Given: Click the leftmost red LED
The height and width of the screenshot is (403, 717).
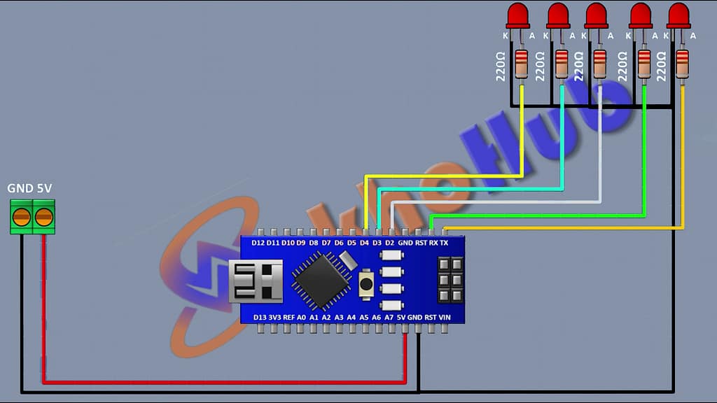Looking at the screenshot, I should (x=518, y=14).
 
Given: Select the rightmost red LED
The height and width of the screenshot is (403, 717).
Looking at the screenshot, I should (x=678, y=14).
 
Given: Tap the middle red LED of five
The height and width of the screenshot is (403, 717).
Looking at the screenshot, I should (x=596, y=14).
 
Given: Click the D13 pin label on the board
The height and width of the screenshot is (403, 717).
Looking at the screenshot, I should (x=259, y=317).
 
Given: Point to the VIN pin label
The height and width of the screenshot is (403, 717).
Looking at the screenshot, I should (x=444, y=317).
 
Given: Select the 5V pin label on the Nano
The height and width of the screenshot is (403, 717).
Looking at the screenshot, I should (x=402, y=317).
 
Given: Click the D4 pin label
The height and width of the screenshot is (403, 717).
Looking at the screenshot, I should (x=364, y=243).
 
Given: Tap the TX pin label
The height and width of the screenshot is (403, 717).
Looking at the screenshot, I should (x=444, y=243).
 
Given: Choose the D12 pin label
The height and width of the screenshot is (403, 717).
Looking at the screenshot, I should (x=257, y=243).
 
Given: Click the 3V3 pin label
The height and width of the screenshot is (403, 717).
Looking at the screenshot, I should (x=274, y=317).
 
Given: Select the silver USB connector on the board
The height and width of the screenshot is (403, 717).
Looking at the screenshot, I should (x=256, y=281).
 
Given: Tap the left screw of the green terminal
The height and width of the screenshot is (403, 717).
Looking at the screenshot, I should (x=22, y=217).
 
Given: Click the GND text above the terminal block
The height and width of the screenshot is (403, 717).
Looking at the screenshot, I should (x=18, y=189).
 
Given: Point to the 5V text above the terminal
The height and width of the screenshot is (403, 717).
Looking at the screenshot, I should (x=44, y=189).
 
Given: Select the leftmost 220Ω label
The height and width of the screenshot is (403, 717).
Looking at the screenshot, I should (x=501, y=66).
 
